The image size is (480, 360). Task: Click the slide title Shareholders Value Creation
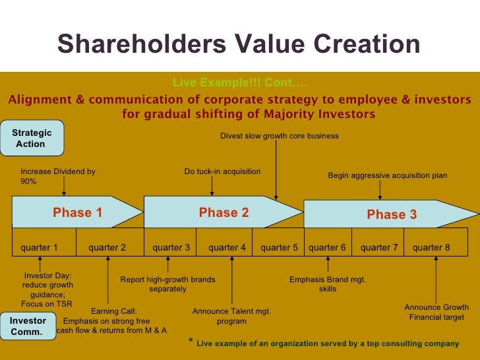click(239, 44)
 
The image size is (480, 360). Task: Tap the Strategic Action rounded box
click(31, 138)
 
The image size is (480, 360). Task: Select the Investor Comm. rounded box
click(28, 326)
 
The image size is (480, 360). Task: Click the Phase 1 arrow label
click(77, 212)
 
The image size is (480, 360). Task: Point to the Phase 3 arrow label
click(392, 214)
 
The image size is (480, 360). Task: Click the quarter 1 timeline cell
click(40, 248)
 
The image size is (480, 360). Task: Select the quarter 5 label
click(279, 248)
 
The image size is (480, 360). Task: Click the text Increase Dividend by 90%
click(58, 176)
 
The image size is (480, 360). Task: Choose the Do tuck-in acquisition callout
click(222, 171)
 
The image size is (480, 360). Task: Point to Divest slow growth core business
click(279, 136)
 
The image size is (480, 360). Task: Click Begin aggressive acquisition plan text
click(388, 175)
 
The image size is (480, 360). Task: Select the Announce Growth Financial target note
click(436, 312)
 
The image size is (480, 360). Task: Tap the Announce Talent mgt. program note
click(231, 316)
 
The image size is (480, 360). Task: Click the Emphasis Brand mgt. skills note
click(328, 284)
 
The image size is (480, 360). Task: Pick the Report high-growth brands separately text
click(167, 284)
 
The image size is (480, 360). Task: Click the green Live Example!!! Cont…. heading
click(240, 83)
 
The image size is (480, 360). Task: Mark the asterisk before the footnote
click(191, 342)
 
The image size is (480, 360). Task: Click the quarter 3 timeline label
click(171, 248)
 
